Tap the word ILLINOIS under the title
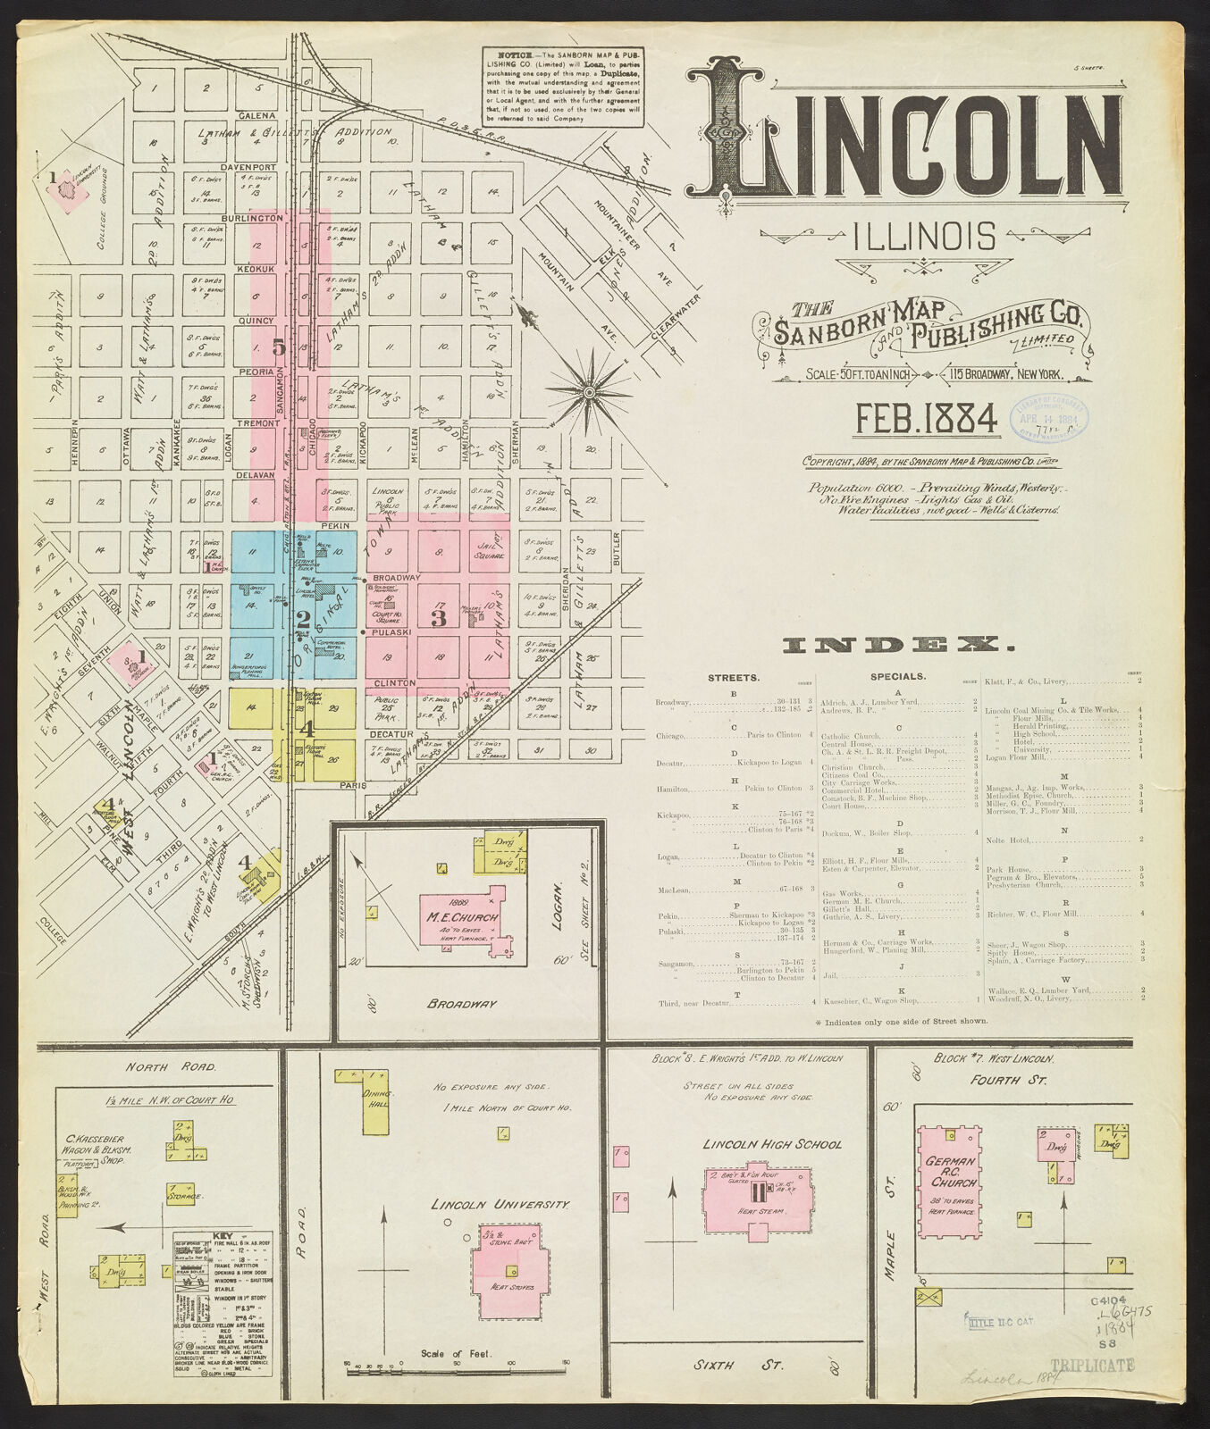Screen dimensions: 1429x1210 (924, 237)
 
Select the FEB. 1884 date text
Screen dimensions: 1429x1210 (926, 418)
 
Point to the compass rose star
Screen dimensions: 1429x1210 (589, 391)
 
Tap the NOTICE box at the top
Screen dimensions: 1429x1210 (563, 87)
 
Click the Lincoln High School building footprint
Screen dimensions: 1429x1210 (758, 1199)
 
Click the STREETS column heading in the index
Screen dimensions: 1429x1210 (733, 677)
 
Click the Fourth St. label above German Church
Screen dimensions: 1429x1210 (996, 1080)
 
